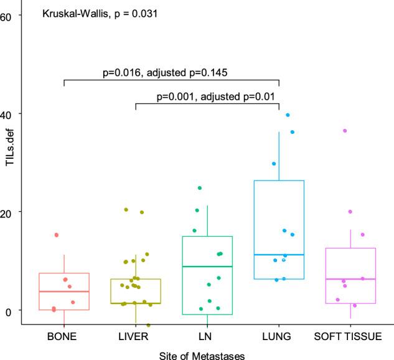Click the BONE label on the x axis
64,337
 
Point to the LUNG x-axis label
279,337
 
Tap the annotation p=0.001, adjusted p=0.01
216,97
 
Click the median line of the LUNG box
279,255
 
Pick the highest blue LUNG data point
288,115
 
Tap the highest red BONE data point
56,235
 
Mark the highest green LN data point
200,187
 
